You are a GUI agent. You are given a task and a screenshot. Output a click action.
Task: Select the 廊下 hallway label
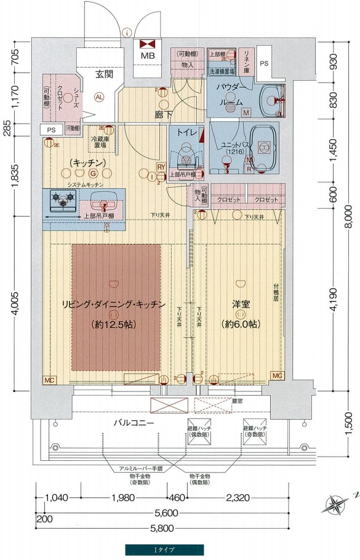162,116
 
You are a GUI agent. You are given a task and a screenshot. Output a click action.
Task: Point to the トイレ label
186,132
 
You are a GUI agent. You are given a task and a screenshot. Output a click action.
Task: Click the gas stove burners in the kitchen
61,200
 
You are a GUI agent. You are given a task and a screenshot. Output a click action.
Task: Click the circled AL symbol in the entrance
99,96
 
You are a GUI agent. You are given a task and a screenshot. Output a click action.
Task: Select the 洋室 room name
240,304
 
